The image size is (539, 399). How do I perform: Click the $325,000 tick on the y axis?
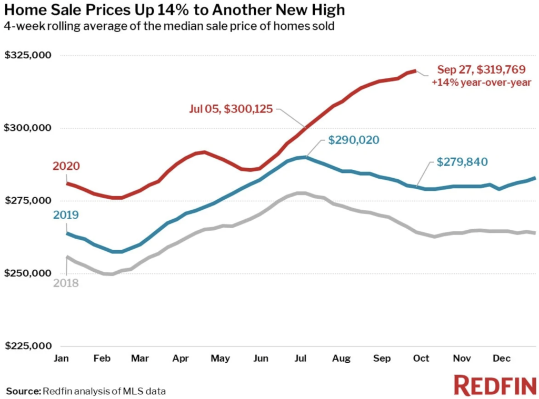click(28, 56)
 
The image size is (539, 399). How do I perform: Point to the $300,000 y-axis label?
click(28, 128)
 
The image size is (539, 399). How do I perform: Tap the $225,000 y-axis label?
click(28, 346)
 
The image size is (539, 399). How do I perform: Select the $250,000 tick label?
click(28, 273)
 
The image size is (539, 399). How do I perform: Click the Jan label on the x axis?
click(61, 359)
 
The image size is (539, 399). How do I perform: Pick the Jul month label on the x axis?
click(301, 359)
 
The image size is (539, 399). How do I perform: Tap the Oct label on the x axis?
click(421, 359)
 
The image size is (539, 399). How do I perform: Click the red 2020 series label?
click(66, 167)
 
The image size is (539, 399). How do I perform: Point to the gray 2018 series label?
click(66, 283)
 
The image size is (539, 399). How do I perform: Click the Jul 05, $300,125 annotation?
click(232, 109)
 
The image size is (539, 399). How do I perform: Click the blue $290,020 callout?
click(353, 140)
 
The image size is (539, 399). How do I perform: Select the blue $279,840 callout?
click(463, 162)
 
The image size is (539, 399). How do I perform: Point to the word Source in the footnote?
click(23, 391)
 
